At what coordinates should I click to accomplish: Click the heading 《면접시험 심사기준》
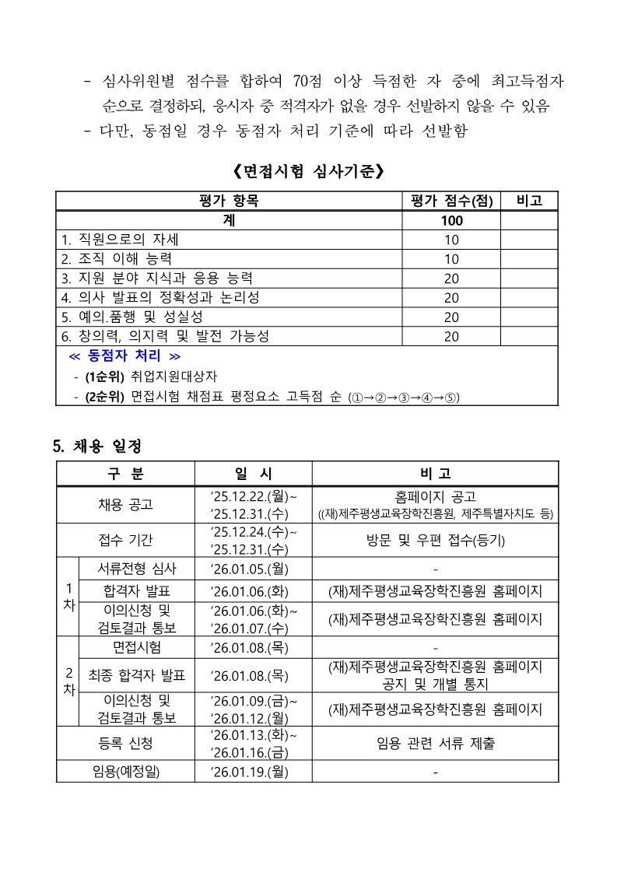pyautogui.click(x=308, y=170)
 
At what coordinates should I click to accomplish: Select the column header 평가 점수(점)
pyautogui.click(x=451, y=201)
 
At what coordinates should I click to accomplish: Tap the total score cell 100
pyautogui.click(x=451, y=220)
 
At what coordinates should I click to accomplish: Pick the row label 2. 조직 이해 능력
pyautogui.click(x=117, y=259)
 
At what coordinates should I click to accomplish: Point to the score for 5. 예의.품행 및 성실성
pyautogui.click(x=451, y=317)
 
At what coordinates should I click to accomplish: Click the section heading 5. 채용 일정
pyautogui.click(x=97, y=447)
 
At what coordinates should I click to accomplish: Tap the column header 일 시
pyautogui.click(x=253, y=474)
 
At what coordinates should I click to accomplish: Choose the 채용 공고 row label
pyautogui.click(x=125, y=504)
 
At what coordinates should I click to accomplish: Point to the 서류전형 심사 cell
pyautogui.click(x=137, y=568)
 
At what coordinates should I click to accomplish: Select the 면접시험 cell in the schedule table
pyautogui.click(x=137, y=647)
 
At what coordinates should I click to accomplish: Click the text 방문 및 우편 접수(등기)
pyautogui.click(x=435, y=540)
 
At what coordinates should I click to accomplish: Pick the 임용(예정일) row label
pyautogui.click(x=125, y=772)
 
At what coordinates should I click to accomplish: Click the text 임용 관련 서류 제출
pyautogui.click(x=435, y=744)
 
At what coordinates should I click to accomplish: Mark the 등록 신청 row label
pyautogui.click(x=125, y=744)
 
